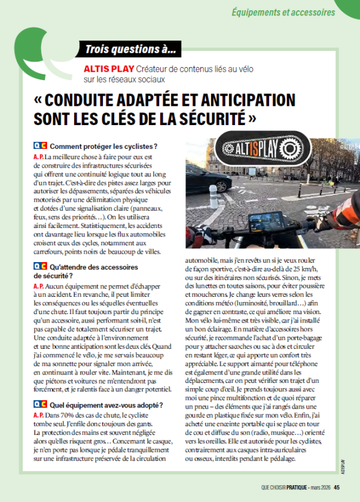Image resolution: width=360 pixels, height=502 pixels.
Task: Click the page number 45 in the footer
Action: (337, 487)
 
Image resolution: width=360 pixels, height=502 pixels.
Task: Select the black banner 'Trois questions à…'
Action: (131, 49)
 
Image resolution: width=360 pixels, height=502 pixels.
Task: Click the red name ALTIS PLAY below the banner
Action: (109, 68)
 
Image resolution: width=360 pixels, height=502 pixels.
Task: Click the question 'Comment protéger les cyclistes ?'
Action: (103, 146)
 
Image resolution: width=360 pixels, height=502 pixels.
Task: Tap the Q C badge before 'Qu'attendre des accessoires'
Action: (40, 267)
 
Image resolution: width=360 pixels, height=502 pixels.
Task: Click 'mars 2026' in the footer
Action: (321, 487)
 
